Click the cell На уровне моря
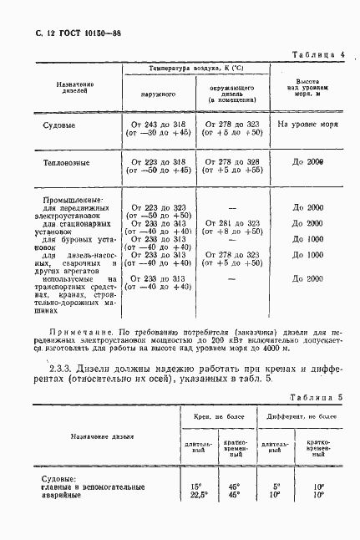tap(308, 124)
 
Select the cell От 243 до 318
tap(158, 123)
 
